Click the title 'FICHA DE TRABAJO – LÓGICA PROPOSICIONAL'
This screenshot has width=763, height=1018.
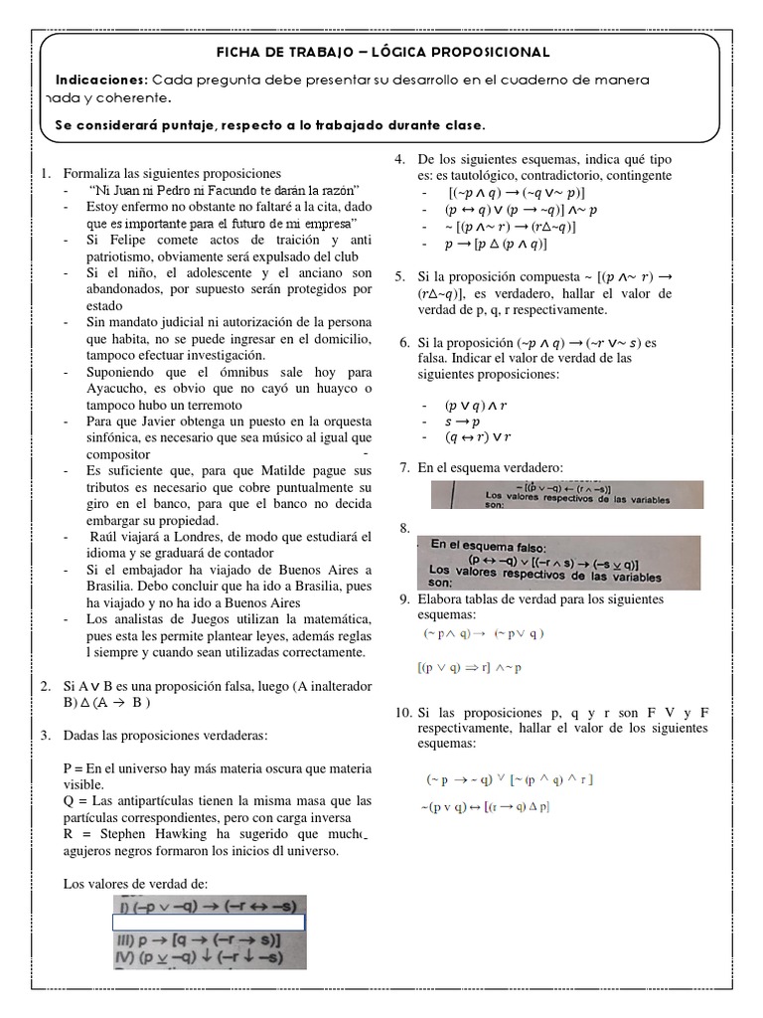[381, 51]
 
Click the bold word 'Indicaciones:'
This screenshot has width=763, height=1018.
[100, 79]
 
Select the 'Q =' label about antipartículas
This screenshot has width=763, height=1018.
[75, 800]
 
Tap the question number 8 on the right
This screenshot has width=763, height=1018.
[404, 527]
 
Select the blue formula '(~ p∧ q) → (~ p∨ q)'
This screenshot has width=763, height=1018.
[484, 632]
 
